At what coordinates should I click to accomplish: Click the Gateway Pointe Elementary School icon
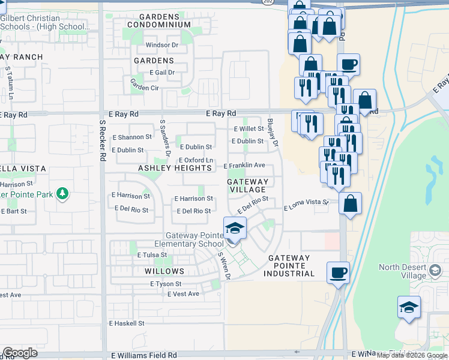tap(235, 229)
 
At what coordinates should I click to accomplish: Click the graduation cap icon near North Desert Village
tap(409, 308)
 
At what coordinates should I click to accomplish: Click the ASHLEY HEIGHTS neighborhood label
tap(175, 169)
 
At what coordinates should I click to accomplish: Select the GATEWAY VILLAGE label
tap(248, 185)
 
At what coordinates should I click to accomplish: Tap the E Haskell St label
tap(127, 323)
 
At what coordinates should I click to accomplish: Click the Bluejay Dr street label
tap(275, 136)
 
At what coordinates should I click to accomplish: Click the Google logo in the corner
tap(20, 353)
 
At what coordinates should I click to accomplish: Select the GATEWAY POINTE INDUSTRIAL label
tap(289, 266)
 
